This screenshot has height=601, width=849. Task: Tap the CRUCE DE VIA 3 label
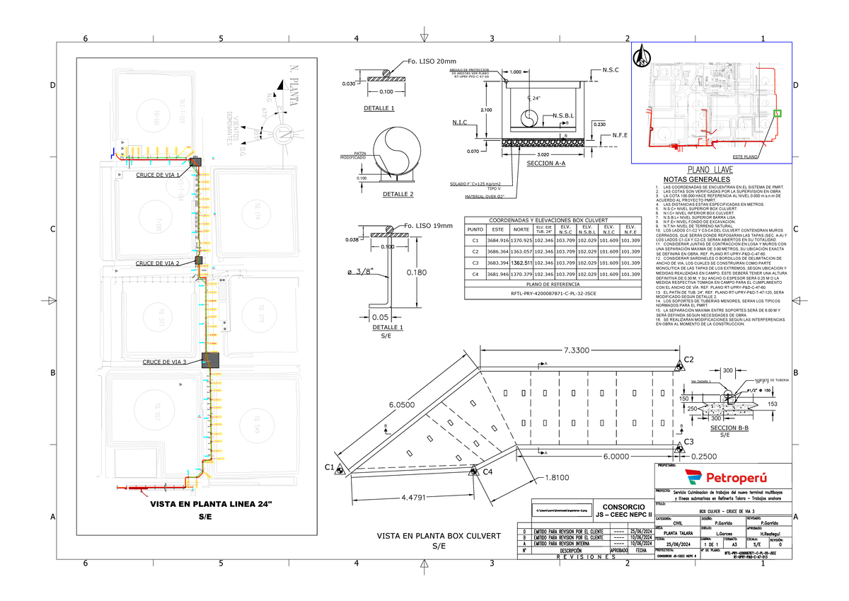(x=164, y=362)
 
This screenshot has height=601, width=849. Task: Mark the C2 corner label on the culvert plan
(x=688, y=360)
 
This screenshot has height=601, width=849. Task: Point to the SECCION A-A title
(x=545, y=164)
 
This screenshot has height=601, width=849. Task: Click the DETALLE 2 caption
(x=398, y=194)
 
